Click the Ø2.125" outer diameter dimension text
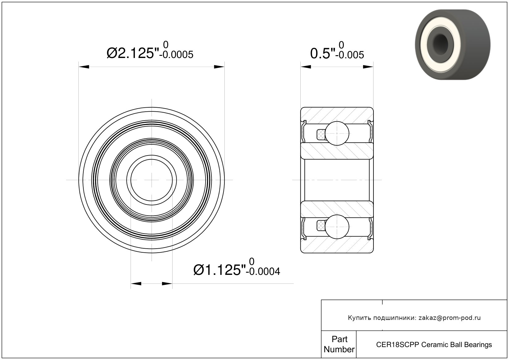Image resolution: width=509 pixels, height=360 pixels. [133, 53]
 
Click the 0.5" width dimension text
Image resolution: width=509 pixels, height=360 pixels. [323, 54]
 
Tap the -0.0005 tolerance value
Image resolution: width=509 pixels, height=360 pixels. [176, 55]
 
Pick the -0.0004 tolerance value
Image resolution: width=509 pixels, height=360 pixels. [263, 271]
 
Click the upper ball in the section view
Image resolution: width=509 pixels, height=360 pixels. [337, 133]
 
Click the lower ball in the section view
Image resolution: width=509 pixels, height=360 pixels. [337, 227]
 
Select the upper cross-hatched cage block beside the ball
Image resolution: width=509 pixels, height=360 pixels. [321, 134]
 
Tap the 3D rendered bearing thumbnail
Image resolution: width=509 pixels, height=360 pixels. [453, 44]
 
